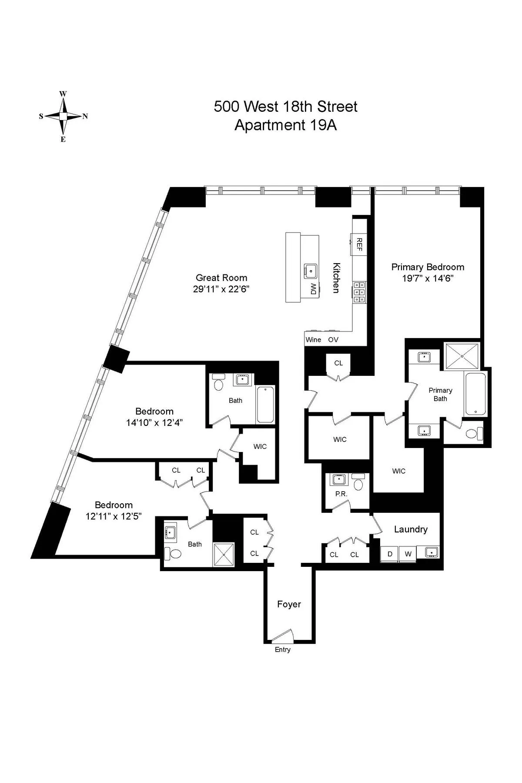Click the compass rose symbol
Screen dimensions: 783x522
(x=64, y=116)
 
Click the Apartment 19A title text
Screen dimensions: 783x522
(x=285, y=125)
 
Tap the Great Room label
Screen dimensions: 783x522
(x=221, y=278)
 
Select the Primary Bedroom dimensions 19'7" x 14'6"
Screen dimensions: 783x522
(x=428, y=278)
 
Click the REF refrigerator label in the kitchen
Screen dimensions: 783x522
(x=359, y=244)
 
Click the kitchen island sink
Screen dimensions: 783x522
(x=311, y=271)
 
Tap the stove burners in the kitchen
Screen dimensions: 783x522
(x=359, y=292)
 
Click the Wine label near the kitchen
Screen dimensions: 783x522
(x=313, y=340)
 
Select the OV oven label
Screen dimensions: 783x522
(x=333, y=340)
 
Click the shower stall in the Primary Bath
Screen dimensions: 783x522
(x=462, y=356)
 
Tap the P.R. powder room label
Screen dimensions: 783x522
(x=341, y=494)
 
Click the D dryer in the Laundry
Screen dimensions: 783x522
(x=390, y=554)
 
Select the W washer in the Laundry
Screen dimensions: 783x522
(x=408, y=554)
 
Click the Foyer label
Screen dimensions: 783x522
(x=289, y=604)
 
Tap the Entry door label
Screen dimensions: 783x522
(x=282, y=649)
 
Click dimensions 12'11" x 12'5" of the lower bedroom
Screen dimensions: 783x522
(x=114, y=516)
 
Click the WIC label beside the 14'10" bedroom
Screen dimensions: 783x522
(x=260, y=447)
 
